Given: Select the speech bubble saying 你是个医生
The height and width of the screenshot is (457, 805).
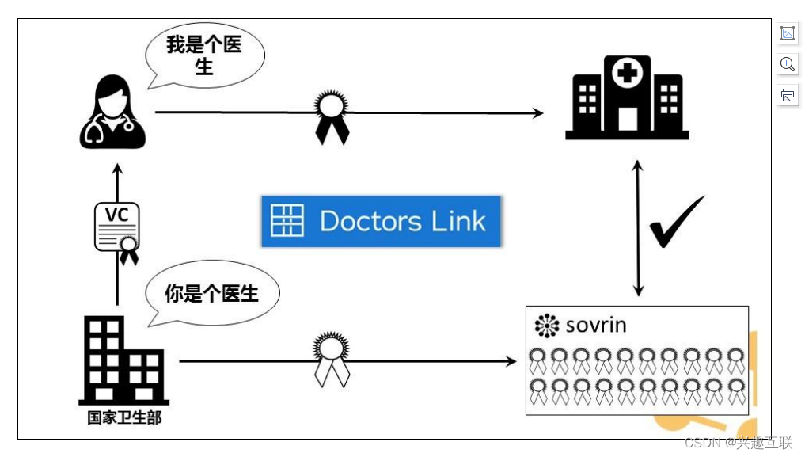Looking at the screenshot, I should (x=211, y=293).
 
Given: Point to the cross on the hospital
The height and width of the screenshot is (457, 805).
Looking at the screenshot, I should (x=628, y=75).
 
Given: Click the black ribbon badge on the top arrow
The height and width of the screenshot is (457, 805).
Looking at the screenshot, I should (x=332, y=117).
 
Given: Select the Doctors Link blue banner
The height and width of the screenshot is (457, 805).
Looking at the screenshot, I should (x=382, y=221).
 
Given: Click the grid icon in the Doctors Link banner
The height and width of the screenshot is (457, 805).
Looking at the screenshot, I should (x=287, y=221).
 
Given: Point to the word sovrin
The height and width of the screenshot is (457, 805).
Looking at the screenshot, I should (x=596, y=325).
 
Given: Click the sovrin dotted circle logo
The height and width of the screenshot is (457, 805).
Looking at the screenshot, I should (x=547, y=326).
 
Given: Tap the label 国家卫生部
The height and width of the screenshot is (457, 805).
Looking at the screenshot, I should (x=124, y=417).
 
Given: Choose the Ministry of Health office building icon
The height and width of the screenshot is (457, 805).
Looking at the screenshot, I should (x=123, y=360).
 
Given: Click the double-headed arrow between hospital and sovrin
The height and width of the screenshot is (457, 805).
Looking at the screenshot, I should (x=638, y=228).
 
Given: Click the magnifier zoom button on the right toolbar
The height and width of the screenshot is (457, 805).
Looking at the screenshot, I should (x=788, y=64).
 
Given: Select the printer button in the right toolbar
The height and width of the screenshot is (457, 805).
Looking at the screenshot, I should (x=788, y=95).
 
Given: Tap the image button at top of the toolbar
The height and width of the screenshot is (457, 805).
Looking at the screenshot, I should (x=788, y=33).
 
